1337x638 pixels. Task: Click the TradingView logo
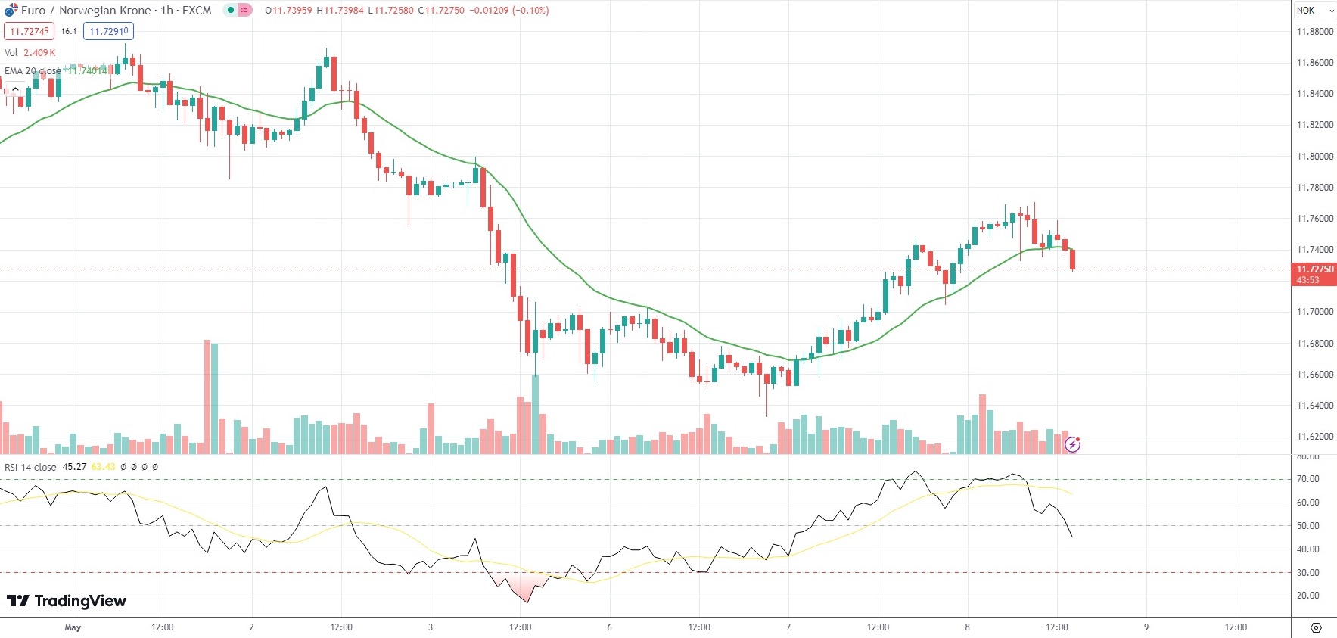tap(67, 601)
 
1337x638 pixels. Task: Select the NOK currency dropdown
tap(1314, 11)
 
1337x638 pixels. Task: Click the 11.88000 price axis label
tap(1314, 32)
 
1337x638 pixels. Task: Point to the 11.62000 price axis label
tap(1314, 437)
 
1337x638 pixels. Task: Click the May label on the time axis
tap(73, 627)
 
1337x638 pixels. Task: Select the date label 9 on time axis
tap(1146, 627)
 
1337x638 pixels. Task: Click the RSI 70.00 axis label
tap(1307, 479)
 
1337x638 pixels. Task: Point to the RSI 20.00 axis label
tap(1307, 596)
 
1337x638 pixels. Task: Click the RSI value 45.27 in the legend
tap(74, 467)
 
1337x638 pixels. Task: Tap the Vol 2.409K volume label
tap(30, 53)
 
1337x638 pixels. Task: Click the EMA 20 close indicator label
tap(33, 71)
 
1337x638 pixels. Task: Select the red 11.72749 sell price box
tap(29, 31)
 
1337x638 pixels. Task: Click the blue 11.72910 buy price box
tap(108, 31)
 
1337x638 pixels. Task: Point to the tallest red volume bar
tap(207, 397)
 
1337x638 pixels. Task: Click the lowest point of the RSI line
tap(527, 602)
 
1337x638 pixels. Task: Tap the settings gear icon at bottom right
tap(1316, 627)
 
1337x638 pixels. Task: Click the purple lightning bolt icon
tap(1072, 445)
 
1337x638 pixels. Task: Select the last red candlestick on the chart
tap(1072, 260)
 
